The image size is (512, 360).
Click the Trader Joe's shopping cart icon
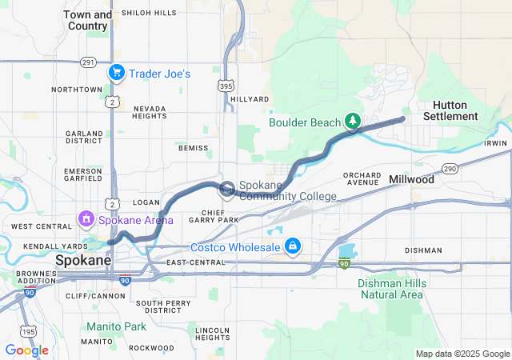coord(117,73)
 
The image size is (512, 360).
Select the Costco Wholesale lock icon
coord(293,245)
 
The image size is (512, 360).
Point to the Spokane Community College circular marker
coord(227,189)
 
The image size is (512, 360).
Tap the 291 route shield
coord(88,62)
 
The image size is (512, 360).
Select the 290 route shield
coord(450,168)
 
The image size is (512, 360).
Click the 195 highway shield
coord(30,331)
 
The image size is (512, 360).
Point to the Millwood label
coord(411,180)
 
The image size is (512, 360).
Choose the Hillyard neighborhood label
coord(250,99)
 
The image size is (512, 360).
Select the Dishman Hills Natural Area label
coord(390,289)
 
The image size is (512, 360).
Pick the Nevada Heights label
coord(150,112)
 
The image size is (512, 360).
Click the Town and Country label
coord(87,20)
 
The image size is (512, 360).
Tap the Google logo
coord(26,350)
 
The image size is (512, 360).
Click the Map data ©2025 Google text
coord(461,354)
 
